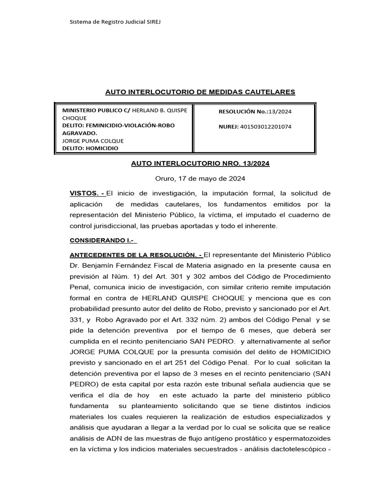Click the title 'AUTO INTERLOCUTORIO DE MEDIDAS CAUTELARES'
click(200, 92)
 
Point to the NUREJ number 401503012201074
click(265, 127)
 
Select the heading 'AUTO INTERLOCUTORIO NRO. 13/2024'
click(200, 163)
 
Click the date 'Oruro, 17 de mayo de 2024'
click(200, 179)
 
